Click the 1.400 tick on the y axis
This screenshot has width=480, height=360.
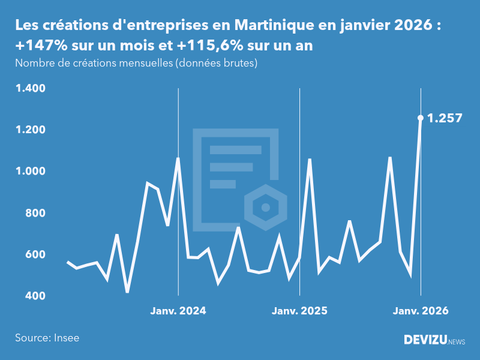(x=31, y=89)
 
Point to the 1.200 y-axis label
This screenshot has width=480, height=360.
(x=31, y=130)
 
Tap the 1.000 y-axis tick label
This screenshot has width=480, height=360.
(x=31, y=172)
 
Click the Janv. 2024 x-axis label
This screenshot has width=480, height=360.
(x=178, y=311)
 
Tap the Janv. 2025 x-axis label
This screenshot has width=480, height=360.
(x=299, y=311)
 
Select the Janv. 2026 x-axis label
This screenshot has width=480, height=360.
(x=421, y=311)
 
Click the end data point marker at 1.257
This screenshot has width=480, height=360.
(x=421, y=118)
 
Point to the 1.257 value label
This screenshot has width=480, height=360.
(x=445, y=118)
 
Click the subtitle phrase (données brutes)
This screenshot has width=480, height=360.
(x=216, y=64)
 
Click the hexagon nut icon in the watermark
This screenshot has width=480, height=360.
(x=265, y=208)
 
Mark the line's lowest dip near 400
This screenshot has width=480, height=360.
(x=127, y=292)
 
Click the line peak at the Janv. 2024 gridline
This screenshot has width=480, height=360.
(x=178, y=158)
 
